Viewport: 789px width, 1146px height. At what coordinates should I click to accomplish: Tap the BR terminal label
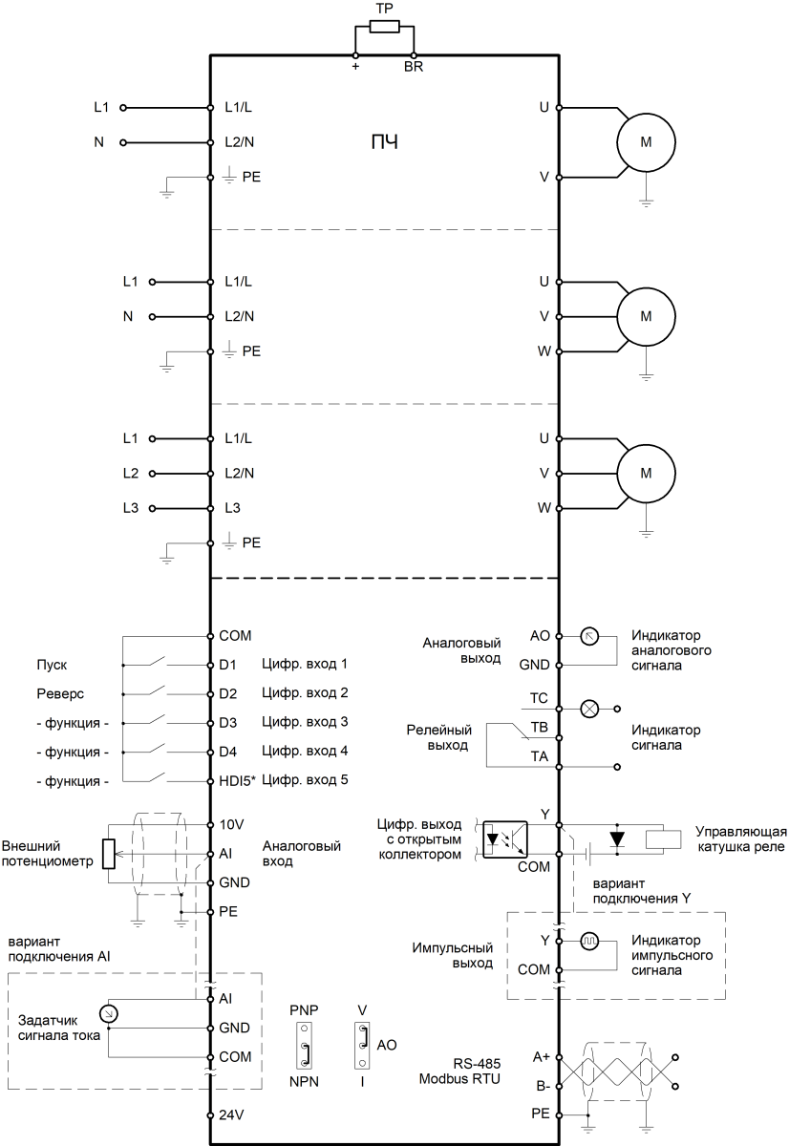[x=414, y=68]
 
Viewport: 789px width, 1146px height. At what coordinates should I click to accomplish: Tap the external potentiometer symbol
[x=109, y=853]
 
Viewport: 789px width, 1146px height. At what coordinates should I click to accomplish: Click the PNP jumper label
[x=303, y=1009]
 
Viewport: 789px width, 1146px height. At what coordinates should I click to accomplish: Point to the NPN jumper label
[x=303, y=1081]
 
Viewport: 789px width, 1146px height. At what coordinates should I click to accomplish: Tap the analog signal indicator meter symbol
[x=589, y=636]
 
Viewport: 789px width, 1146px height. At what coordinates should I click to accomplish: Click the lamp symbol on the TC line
[x=589, y=708]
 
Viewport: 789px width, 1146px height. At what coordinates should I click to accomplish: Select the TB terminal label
[x=540, y=728]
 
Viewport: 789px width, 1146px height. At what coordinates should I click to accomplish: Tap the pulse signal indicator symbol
[x=589, y=941]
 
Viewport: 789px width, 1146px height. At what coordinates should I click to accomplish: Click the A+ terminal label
[x=542, y=1056]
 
